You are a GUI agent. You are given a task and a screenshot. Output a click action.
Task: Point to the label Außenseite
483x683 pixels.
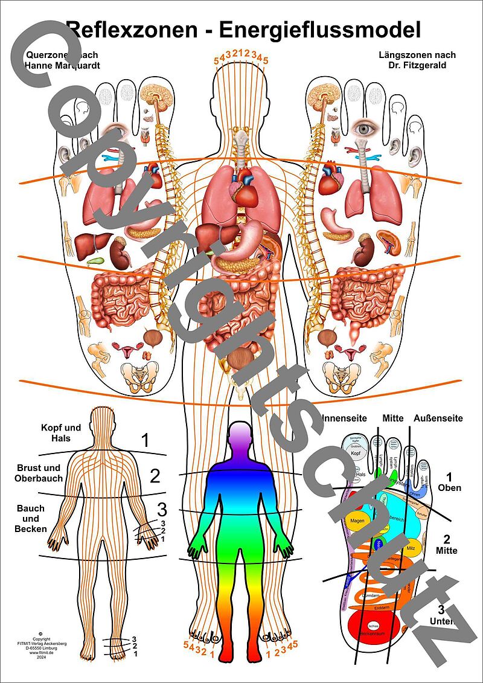(438, 418)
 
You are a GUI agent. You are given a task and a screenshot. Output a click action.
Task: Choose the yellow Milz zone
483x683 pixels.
(411, 548)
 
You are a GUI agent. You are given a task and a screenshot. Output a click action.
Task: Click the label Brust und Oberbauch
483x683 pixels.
(38, 473)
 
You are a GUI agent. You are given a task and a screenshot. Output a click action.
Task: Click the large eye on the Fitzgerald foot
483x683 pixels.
(364, 128)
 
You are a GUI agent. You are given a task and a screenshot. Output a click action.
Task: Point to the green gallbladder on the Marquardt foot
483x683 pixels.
(95, 261)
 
